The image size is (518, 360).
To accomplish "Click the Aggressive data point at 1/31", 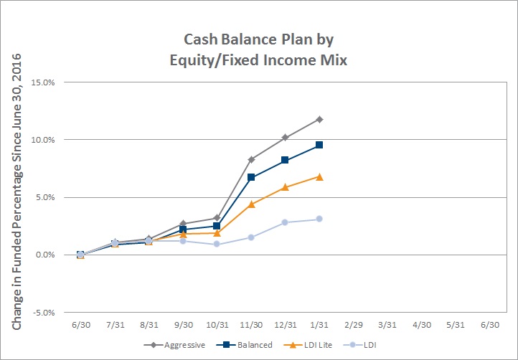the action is (319, 119).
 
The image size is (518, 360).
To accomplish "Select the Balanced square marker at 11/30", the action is (251, 177).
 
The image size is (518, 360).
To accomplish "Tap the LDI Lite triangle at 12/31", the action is (286, 187).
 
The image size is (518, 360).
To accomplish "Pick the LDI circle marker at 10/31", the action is (217, 244).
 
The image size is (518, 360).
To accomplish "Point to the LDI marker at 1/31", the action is (319, 219).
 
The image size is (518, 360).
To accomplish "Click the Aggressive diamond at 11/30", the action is (251, 160).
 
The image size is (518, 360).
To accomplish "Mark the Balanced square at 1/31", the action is (319, 145).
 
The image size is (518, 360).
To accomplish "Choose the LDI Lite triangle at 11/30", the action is (251, 204).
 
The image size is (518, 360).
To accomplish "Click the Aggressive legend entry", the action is (174, 345).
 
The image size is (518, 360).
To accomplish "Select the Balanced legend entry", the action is (245, 345).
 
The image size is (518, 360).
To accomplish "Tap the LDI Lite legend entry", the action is (308, 345).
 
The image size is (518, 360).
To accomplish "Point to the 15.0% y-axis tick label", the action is (43, 82).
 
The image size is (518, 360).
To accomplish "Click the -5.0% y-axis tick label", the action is (43, 313).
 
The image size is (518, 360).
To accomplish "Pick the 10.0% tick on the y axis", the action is (43, 140).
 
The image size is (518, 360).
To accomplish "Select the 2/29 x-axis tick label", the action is (354, 325).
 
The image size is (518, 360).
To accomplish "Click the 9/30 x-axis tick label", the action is (184, 325).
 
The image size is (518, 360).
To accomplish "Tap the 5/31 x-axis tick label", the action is (456, 325).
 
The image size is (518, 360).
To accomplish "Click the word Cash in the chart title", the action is (199, 39).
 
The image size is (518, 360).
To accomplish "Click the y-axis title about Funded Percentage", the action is (17, 191).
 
